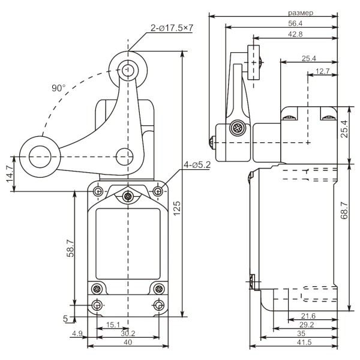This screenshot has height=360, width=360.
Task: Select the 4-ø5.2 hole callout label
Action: point(196,164)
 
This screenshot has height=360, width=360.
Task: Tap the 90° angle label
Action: point(58,88)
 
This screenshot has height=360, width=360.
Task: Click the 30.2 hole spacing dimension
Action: point(127,334)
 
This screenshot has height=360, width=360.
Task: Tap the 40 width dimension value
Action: point(127,343)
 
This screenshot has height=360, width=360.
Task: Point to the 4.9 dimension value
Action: point(77,334)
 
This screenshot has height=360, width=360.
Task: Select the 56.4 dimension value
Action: point(296,23)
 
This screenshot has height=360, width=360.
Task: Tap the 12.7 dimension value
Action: point(322,71)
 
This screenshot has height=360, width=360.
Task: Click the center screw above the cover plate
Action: point(127,197)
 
